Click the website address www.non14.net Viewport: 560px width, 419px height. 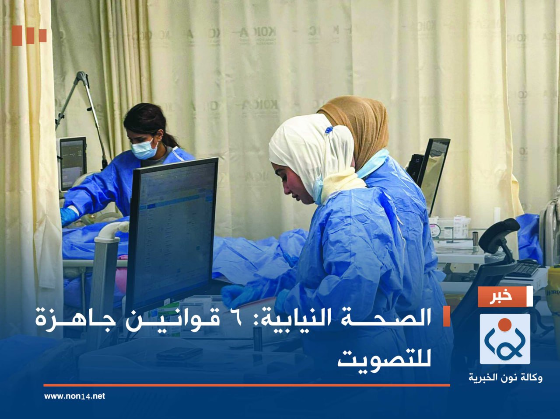tap(74, 396)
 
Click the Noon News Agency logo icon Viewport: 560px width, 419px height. tap(505, 339)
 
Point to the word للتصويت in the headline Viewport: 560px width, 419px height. tap(384, 358)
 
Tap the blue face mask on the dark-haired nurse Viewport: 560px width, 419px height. tap(144, 149)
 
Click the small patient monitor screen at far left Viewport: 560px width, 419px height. tap(73, 162)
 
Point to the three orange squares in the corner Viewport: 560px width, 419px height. tap(29, 35)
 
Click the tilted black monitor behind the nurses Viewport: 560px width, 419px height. tap(433, 170)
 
